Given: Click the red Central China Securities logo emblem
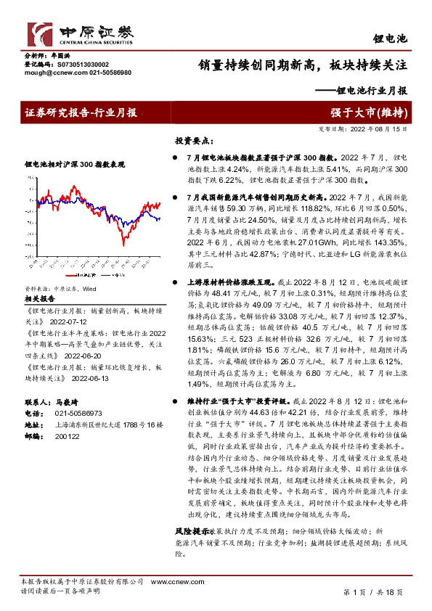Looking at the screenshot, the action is (x=38, y=33).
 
